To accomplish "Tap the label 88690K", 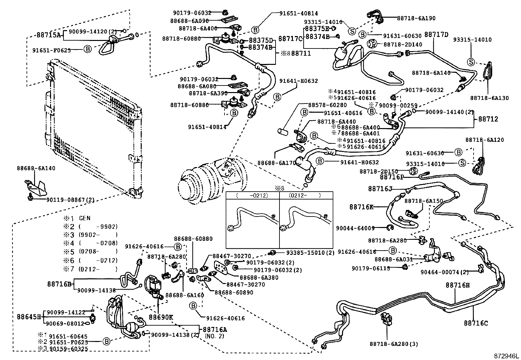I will tap(161, 317).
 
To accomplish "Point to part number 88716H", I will tap(457, 285).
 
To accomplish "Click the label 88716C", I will tap(476, 323).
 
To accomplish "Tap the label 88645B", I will tap(29, 317).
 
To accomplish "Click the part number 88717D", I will tap(436, 34).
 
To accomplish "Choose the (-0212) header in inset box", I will tap(252, 196).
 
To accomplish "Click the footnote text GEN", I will tap(85, 218).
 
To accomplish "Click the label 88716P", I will tap(392, 177).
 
